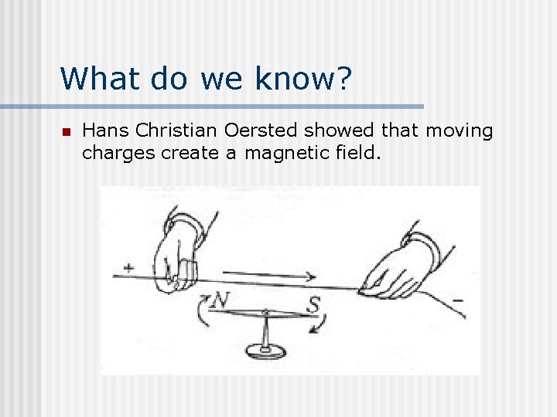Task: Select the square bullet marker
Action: pyautogui.click(x=66, y=132)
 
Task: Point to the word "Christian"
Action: pyautogui.click(x=170, y=131)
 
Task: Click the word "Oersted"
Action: pyautogui.click(x=250, y=131)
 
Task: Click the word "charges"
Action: pyautogui.click(x=118, y=153)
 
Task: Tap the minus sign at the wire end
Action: pyautogui.click(x=457, y=300)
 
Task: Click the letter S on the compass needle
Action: pyautogui.click(x=313, y=306)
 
